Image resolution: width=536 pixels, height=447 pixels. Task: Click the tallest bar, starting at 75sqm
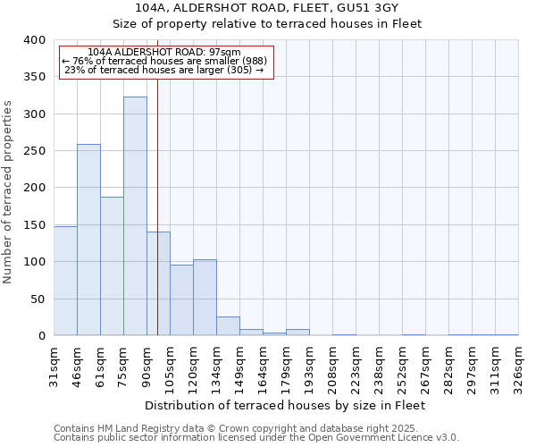pos(135,216)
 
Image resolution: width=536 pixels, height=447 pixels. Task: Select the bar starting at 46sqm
pos(88,240)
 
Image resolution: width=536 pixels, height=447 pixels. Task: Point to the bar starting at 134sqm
pos(228,326)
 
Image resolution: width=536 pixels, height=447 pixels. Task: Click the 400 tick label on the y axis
pos(35,40)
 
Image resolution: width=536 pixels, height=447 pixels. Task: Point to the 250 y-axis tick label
pos(35,151)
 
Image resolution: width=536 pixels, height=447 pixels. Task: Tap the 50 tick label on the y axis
pos(38,299)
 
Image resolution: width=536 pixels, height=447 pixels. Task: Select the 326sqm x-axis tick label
pos(518,364)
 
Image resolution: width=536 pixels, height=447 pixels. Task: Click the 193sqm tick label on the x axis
pos(309,364)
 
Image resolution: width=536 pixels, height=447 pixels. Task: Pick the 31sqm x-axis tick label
pos(54,364)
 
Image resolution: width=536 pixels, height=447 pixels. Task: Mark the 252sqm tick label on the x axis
pos(402,364)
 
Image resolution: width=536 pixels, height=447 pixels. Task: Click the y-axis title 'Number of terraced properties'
pos(9,191)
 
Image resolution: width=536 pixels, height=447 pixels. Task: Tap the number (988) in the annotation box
pos(248,61)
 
